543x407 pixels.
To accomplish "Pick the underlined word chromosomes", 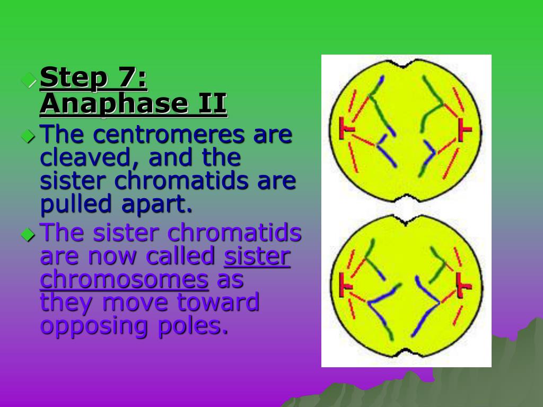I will pyautogui.click(x=124, y=279).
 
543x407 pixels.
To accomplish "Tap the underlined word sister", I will pyautogui.click(x=257, y=256).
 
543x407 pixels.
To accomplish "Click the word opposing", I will pyautogui.click(x=93, y=325).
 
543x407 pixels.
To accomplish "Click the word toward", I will pyautogui.click(x=218, y=302).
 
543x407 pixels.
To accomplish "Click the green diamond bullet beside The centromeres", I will pyautogui.click(x=28, y=136).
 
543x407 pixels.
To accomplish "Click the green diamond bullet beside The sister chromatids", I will pyautogui.click(x=28, y=234).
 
